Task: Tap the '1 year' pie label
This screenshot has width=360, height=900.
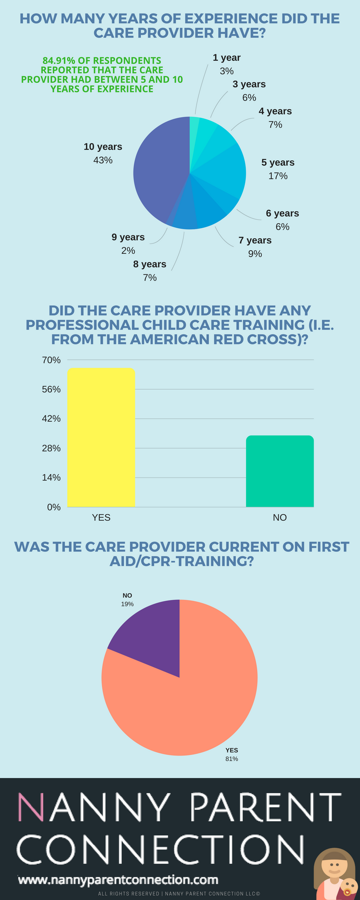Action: click(x=226, y=58)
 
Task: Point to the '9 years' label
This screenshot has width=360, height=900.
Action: click(x=128, y=237)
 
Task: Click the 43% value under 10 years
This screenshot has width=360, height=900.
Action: click(x=103, y=160)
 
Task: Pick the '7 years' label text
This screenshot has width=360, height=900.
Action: click(x=255, y=240)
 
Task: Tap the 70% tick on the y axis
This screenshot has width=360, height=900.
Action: click(x=51, y=360)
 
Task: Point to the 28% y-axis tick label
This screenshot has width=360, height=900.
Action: click(x=51, y=448)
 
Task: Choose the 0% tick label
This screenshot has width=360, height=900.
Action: click(x=54, y=507)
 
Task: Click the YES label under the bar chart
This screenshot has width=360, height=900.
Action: click(x=101, y=517)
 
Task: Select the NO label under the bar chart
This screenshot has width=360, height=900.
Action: click(x=279, y=517)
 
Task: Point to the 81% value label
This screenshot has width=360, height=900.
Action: click(x=232, y=759)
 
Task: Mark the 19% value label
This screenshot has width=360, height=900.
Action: click(x=127, y=604)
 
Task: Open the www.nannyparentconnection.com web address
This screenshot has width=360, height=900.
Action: click(x=118, y=880)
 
